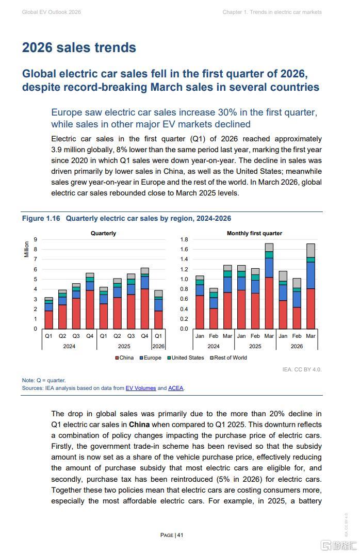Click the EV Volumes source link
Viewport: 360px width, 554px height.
point(141,388)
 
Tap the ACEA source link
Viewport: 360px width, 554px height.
point(175,388)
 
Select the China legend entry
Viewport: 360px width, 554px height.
point(124,357)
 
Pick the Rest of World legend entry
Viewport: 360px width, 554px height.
point(228,357)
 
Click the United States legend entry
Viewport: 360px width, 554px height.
point(186,357)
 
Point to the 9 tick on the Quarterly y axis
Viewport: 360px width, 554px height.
point(35,239)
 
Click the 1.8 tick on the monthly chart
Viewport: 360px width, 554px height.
point(184,239)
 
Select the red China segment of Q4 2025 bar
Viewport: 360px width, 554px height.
point(145,309)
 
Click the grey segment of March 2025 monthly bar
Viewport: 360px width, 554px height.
point(269,247)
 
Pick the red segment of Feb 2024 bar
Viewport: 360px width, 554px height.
point(214,318)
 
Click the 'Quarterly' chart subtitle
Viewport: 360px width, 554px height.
point(103,233)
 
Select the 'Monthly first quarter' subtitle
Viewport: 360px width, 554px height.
point(254,233)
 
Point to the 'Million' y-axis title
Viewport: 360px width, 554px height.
point(26,249)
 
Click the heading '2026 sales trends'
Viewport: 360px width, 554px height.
point(79,47)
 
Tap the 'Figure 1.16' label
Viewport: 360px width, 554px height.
point(41,218)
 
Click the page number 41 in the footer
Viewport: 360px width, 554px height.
point(180,535)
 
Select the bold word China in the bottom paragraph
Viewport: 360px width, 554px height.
point(139,425)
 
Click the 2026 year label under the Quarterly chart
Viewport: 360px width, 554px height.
point(158,346)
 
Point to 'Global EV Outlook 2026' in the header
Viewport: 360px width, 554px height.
point(51,12)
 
